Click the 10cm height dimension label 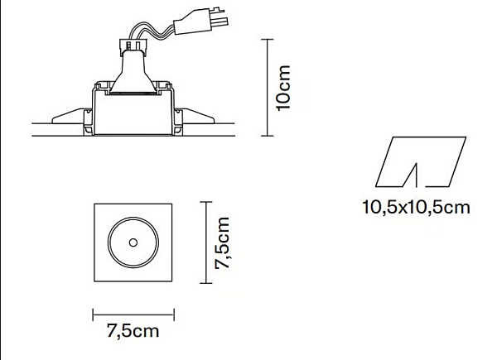(x=283, y=88)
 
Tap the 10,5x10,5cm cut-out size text (x=416, y=208)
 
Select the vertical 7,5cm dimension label (x=222, y=242)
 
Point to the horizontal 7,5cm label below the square (x=133, y=331)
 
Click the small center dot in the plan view (x=133, y=242)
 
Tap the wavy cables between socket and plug (x=152, y=31)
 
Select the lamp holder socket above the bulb (x=133, y=46)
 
